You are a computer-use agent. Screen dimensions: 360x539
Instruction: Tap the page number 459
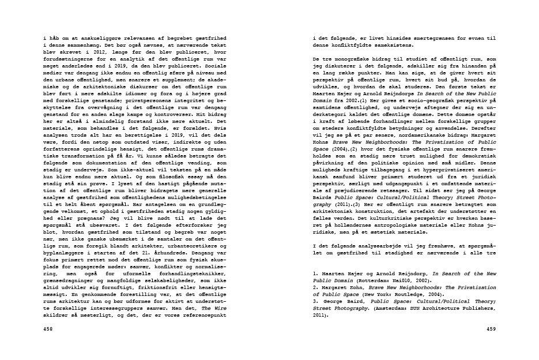coord(491,329)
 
